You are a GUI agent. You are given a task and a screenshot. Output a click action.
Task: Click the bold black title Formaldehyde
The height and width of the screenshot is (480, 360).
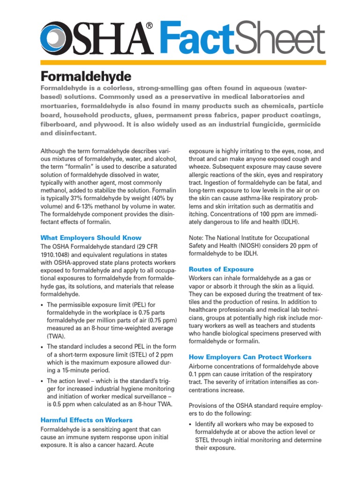tap(86, 76)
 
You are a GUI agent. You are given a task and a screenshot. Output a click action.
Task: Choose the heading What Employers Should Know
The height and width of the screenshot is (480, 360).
tap(91, 238)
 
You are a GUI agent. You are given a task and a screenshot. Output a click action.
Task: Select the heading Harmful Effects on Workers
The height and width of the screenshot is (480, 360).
tap(87, 420)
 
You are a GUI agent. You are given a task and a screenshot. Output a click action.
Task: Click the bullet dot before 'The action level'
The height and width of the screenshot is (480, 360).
tap(43, 381)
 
